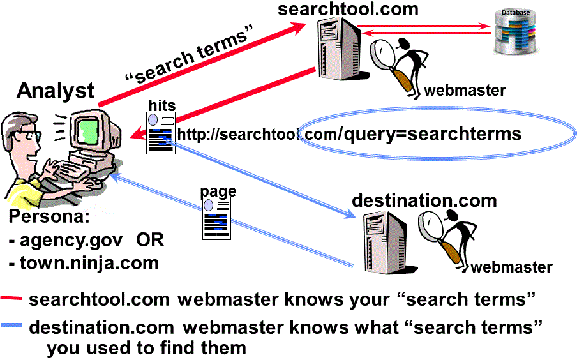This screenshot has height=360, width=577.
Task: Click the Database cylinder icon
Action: tap(518, 31)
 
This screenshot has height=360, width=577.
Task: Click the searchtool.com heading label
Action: tap(348, 9)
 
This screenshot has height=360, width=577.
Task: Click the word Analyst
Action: tap(56, 91)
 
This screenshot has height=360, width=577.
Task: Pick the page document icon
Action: tap(216, 218)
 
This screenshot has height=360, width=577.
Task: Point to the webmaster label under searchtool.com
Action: tap(465, 91)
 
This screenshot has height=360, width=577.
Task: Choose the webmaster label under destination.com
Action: tap(511, 267)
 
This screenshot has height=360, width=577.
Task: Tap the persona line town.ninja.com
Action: tap(83, 262)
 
